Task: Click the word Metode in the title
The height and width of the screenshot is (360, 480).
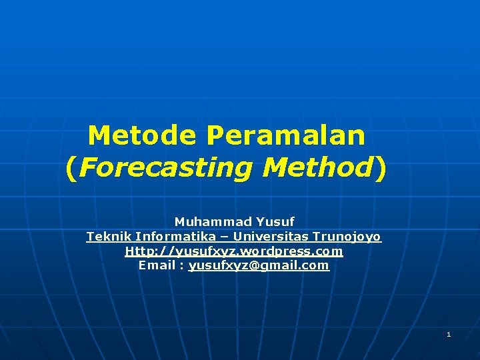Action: [142, 136]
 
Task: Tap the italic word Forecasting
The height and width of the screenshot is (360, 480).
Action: [165, 168]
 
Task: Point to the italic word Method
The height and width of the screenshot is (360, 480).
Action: [317, 168]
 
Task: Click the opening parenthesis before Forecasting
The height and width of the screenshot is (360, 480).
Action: [71, 169]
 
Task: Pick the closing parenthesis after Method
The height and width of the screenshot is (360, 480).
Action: [380, 169]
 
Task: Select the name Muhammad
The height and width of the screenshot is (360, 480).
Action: [205, 221]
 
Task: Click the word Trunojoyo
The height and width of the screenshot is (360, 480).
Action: [347, 237]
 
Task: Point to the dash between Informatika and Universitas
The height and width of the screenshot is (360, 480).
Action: [226, 237]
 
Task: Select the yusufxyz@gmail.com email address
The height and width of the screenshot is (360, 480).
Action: [259, 265]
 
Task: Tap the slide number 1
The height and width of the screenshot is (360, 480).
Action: [449, 334]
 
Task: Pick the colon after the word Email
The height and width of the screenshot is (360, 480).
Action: [181, 266]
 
